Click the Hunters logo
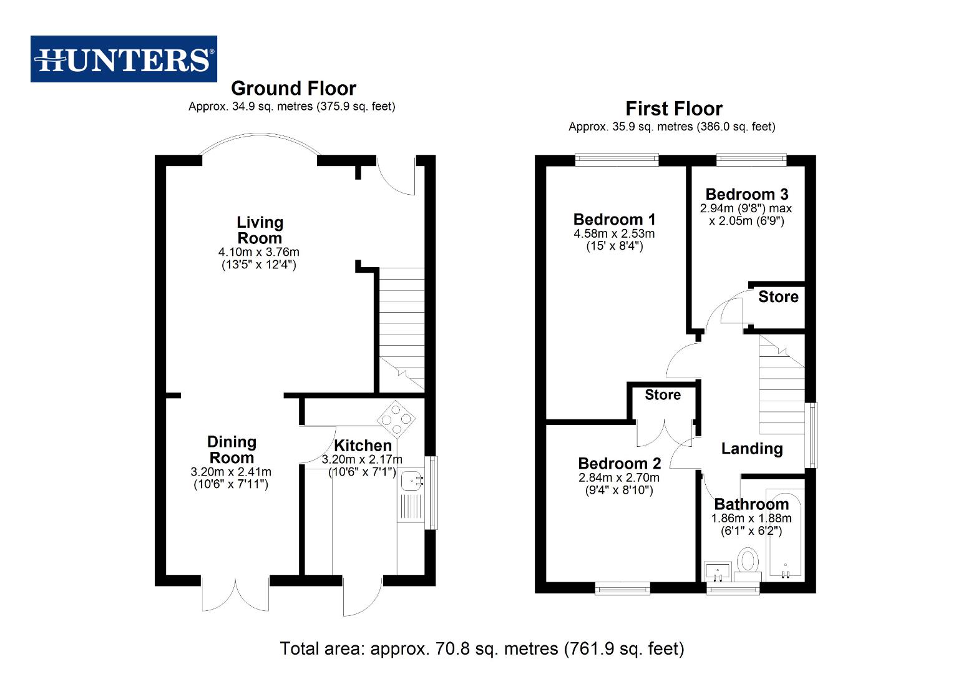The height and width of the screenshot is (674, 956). (124, 59)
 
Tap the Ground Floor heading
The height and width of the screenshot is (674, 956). (293, 88)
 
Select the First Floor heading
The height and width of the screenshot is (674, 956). (673, 109)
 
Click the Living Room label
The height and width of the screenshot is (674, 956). (260, 230)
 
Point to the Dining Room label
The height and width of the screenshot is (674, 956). (232, 449)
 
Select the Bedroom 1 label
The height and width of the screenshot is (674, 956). (614, 220)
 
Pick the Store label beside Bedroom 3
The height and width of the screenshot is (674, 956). (778, 297)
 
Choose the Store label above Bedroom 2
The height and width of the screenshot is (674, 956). (662, 395)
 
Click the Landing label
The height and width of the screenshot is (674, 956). (751, 449)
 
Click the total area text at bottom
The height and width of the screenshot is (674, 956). (482, 649)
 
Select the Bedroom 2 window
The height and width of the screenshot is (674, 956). (622, 588)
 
